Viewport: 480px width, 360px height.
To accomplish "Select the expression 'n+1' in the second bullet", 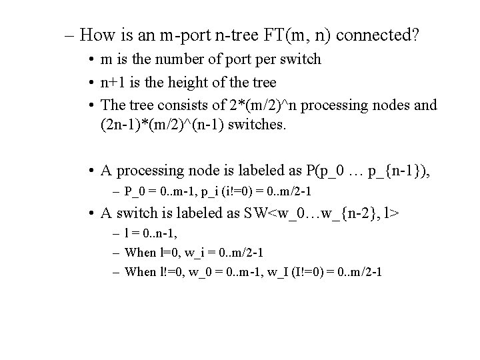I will point(113,82).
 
